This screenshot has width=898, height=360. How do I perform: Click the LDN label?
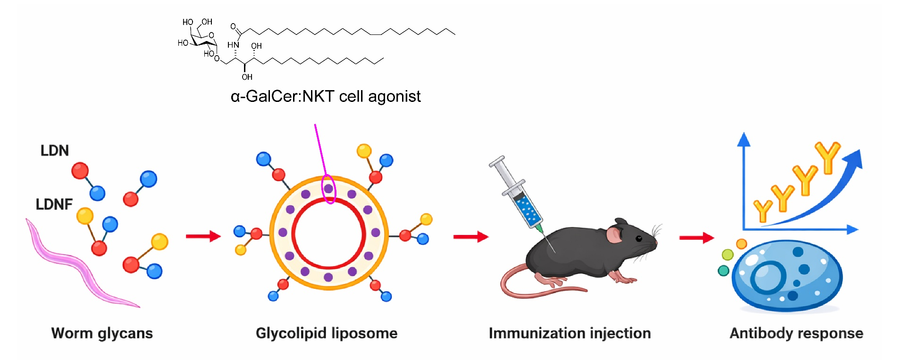pyautogui.click(x=55, y=151)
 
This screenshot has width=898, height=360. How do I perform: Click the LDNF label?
pyautogui.click(x=54, y=204)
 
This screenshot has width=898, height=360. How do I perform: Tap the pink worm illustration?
pyautogui.click(x=76, y=264)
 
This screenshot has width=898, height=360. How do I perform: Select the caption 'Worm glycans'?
pyautogui.click(x=102, y=333)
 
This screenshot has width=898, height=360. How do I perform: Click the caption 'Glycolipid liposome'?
pyautogui.click(x=327, y=333)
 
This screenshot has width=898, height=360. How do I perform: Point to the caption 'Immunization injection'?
pyautogui.click(x=570, y=333)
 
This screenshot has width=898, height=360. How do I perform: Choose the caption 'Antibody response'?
pyautogui.click(x=796, y=333)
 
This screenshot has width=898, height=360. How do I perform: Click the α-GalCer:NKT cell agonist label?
pyautogui.click(x=326, y=96)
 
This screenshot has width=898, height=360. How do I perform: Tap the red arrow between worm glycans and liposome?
pyautogui.click(x=203, y=236)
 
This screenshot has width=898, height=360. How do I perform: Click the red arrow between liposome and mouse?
pyautogui.click(x=470, y=236)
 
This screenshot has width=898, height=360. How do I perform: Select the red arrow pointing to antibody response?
pyautogui.click(x=697, y=237)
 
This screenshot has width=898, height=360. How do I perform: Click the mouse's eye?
pyautogui.click(x=638, y=238)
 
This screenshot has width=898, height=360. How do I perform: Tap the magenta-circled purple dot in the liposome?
pyautogui.click(x=328, y=189)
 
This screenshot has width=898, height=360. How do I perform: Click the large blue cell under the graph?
pyautogui.click(x=787, y=276)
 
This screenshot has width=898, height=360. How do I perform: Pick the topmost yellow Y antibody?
pyautogui.click(x=828, y=157)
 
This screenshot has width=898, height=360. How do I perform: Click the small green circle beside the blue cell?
pyautogui.click(x=728, y=255)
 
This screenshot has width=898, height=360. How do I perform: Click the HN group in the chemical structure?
pyautogui.click(x=233, y=45)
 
